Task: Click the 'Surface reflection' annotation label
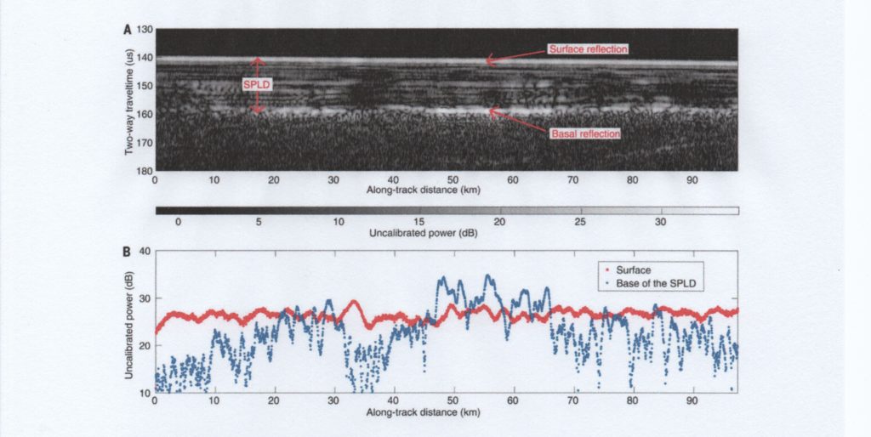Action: [x=588, y=48]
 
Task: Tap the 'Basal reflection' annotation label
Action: [x=584, y=133]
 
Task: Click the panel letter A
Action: [x=127, y=29]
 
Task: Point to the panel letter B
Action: [x=127, y=252]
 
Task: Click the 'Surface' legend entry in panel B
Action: [x=633, y=271]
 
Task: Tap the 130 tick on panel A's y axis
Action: [x=144, y=31]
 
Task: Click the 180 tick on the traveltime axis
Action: [x=144, y=171]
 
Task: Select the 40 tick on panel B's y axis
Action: [x=145, y=252]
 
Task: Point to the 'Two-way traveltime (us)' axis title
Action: [x=128, y=101]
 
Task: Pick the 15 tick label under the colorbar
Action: [x=418, y=221]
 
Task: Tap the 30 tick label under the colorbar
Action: [x=660, y=221]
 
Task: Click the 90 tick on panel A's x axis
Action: [x=692, y=180]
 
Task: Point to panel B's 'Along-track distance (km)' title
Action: [x=423, y=411]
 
